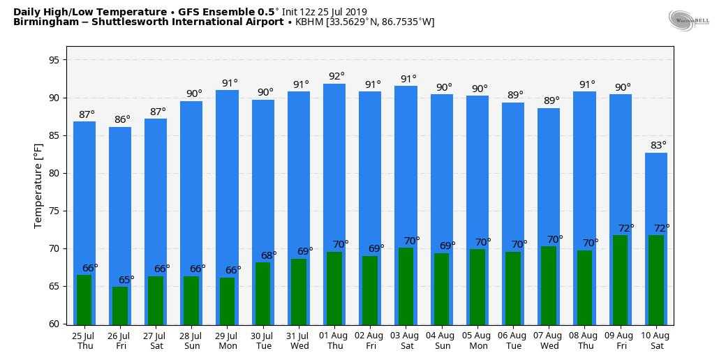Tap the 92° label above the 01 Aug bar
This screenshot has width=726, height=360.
point(336,76)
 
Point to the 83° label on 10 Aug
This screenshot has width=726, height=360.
point(658,145)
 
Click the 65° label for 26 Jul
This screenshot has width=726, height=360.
point(126,280)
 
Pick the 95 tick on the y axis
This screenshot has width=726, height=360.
point(54,60)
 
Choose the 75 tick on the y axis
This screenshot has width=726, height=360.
point(54,211)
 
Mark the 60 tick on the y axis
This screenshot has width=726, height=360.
point(54,324)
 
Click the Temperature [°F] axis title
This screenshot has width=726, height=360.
point(38,186)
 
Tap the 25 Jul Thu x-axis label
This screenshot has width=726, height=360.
point(85,340)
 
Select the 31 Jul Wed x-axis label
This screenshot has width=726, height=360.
point(299,340)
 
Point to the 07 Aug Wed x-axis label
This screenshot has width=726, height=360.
point(549,340)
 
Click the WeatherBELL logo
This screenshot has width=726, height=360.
point(689,20)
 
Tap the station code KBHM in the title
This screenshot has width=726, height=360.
point(309,22)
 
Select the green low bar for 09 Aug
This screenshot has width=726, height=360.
point(620,280)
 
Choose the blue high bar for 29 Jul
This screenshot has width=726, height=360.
point(227,174)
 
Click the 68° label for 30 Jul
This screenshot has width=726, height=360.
point(269,255)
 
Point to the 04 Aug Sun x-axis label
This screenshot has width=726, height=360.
point(443,340)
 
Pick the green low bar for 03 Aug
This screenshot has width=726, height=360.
point(406,286)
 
